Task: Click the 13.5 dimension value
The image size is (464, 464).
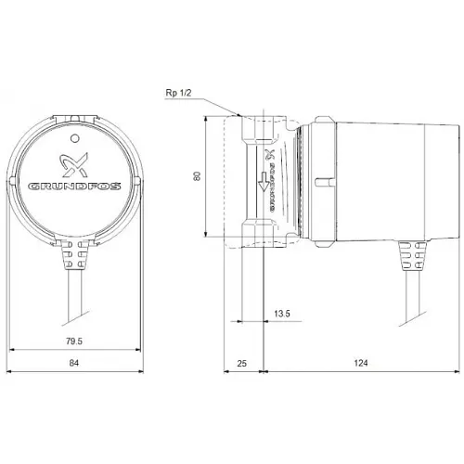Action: tap(282, 314)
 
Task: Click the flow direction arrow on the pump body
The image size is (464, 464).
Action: tap(265, 187)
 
